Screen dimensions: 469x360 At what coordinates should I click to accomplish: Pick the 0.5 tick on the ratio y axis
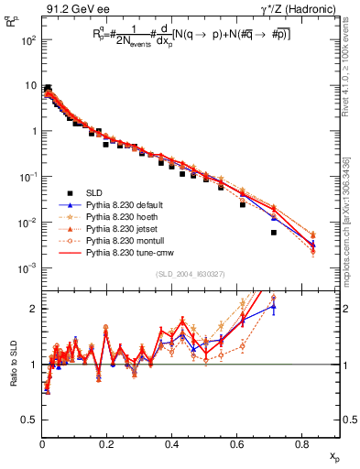29,420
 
